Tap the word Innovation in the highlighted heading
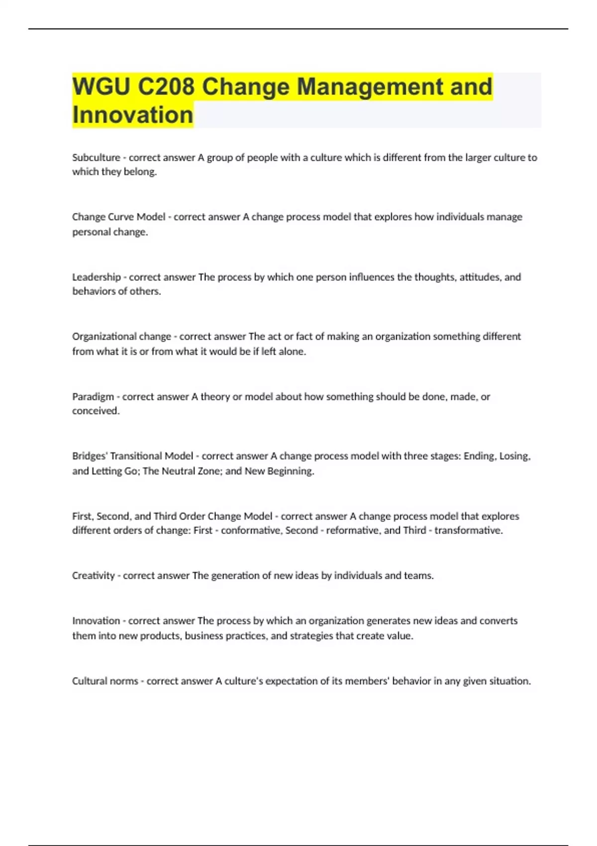[132, 115]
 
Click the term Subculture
[96, 158]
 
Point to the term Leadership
[97, 277]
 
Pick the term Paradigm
[93, 397]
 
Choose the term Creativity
[94, 576]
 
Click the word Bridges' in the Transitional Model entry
[90, 456]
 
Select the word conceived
[96, 411]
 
